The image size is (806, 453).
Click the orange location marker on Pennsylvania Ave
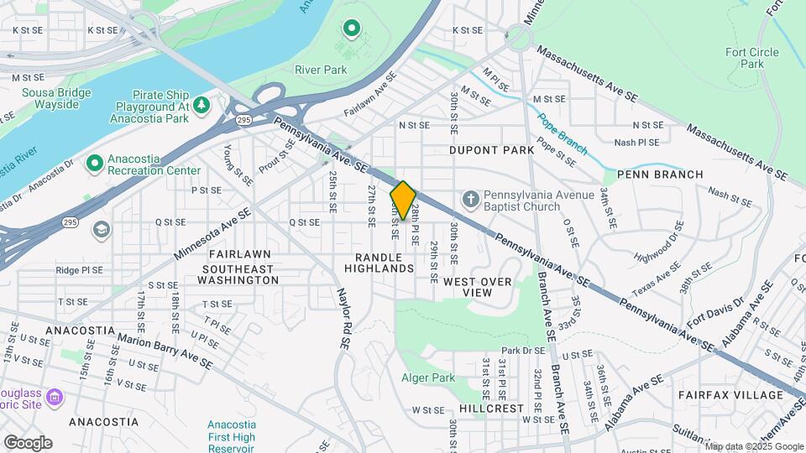(x=403, y=200)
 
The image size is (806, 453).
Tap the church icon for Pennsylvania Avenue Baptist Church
(x=472, y=200)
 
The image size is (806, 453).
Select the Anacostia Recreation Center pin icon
(x=95, y=161)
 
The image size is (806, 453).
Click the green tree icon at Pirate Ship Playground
(x=201, y=105)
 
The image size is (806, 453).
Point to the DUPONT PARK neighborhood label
(x=491, y=150)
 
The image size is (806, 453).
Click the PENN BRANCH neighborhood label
(x=659, y=174)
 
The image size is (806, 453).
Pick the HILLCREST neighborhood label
(x=491, y=408)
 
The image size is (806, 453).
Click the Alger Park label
(x=428, y=378)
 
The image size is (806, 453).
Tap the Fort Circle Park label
(x=752, y=58)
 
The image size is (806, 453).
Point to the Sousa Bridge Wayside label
(x=50, y=98)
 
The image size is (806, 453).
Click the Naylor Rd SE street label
(x=343, y=318)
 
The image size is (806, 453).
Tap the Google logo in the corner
(x=28, y=442)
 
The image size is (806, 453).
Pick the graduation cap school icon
(x=102, y=229)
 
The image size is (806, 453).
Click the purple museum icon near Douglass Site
(x=55, y=395)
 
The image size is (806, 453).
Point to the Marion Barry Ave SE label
(x=165, y=351)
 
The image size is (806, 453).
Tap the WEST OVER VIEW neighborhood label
(x=478, y=287)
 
